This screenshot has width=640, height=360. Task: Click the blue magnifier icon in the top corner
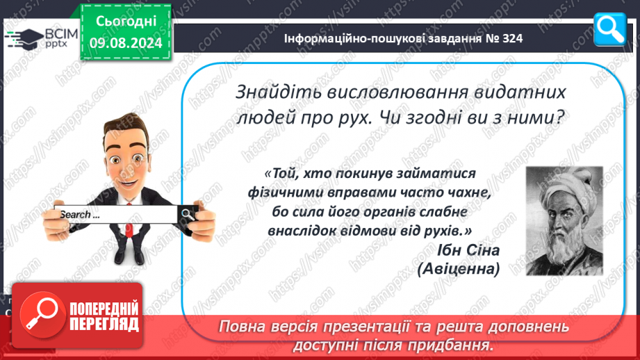click(610, 29)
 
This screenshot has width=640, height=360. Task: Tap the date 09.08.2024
click(126, 43)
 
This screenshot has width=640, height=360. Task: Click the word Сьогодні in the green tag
click(126, 22)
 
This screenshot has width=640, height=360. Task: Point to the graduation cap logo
click(24, 39)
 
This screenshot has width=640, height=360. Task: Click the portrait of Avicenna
click(564, 221)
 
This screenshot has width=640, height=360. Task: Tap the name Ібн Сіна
click(468, 249)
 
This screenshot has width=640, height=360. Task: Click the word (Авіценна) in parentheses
click(459, 269)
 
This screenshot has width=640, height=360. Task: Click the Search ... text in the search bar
click(80, 214)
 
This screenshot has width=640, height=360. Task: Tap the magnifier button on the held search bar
click(188, 214)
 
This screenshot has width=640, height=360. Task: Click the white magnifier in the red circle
click(42, 313)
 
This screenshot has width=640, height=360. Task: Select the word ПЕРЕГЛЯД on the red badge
click(104, 325)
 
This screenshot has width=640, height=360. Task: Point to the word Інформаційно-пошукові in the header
click(352, 38)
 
